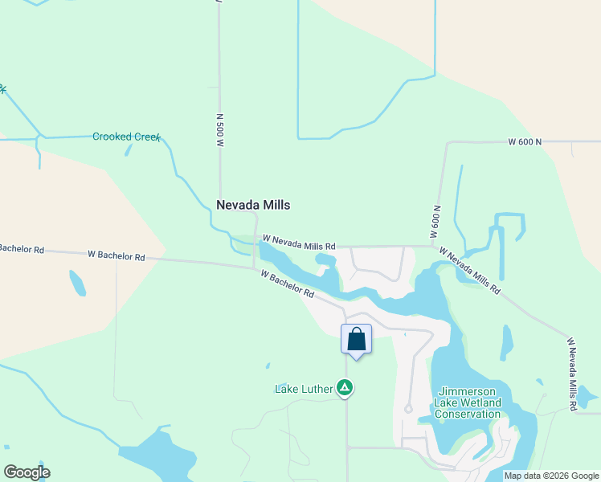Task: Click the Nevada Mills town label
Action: point(253,206)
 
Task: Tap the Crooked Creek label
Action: point(126,137)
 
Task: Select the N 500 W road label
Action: point(219,129)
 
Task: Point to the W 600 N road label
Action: point(525,142)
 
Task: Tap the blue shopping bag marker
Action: point(357,339)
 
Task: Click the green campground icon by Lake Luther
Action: point(345,389)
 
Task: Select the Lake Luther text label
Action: point(304,390)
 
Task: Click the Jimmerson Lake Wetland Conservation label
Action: point(467,402)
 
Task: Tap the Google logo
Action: point(27,472)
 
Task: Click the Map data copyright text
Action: point(550,476)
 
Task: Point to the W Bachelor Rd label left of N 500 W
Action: point(116,256)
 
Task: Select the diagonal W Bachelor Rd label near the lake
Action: point(287,284)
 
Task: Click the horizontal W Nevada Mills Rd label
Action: point(298,242)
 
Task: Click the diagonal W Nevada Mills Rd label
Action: point(470,269)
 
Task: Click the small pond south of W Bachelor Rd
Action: point(77,283)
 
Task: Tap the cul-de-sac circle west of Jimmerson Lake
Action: point(408,409)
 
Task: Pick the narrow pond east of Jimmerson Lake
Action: point(507,342)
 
